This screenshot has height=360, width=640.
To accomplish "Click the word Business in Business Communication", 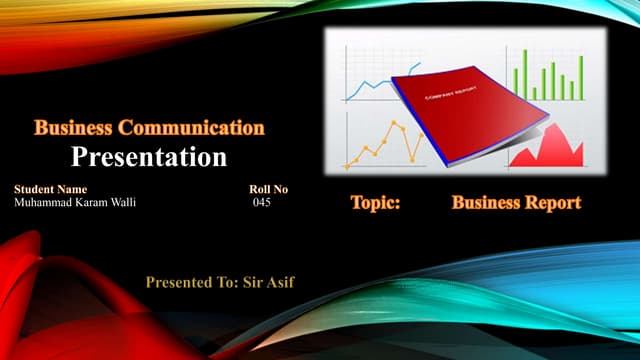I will click(x=74, y=128).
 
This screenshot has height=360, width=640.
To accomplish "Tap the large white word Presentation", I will click(x=150, y=157).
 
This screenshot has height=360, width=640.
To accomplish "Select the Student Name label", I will click(x=51, y=189).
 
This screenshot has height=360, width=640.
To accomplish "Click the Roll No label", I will click(x=268, y=189).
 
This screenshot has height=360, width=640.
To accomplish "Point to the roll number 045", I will click(x=262, y=203).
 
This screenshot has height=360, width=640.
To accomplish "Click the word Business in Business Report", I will click(x=485, y=203).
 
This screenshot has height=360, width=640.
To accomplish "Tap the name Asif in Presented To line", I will click(x=279, y=283).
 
